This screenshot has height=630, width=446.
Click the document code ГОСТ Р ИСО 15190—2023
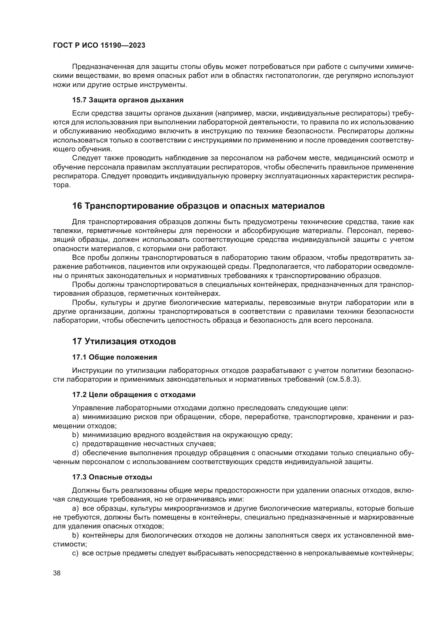tap(99, 46)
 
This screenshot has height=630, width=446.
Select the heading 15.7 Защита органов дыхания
tap(128, 100)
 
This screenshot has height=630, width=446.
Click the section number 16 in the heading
tap(77, 206)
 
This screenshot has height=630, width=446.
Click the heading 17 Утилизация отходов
tap(124, 341)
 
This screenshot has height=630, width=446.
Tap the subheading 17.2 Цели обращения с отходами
tap(134, 395)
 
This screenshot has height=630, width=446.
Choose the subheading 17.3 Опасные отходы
tap(112, 477)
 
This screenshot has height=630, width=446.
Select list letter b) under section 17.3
tap(75, 535)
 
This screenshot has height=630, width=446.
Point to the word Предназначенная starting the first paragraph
tap(103, 67)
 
